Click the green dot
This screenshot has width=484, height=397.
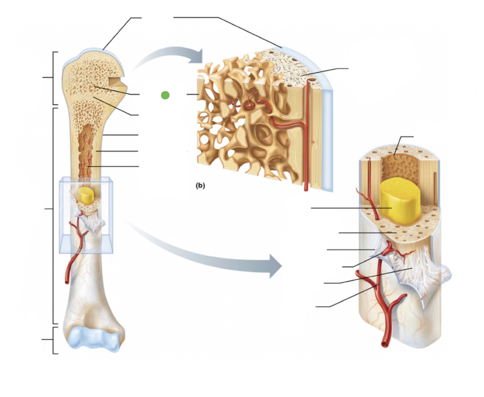(x=165, y=95)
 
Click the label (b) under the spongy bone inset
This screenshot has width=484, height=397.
(x=200, y=186)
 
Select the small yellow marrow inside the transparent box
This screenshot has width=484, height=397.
(x=86, y=195)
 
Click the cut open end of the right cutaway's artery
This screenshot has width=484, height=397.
(x=385, y=343)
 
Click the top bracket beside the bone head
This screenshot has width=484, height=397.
(x=54, y=78)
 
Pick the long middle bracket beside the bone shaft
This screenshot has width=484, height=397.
(x=54, y=216)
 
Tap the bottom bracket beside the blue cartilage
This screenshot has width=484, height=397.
(x=54, y=340)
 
